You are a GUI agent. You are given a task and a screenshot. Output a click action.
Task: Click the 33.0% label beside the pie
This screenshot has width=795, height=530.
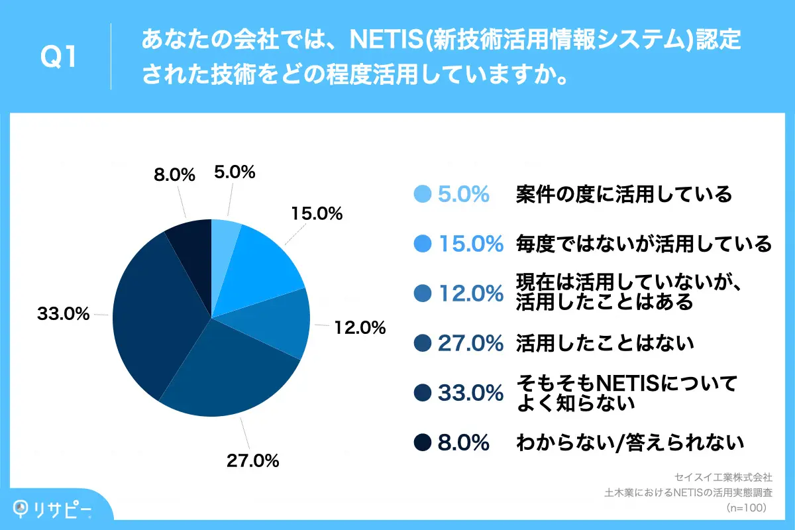63,315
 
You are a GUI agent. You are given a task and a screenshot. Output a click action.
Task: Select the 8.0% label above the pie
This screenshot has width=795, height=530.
174,175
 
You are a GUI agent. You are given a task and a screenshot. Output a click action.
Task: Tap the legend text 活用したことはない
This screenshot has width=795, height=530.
604,343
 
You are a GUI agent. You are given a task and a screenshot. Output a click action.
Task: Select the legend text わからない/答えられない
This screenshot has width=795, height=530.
629,442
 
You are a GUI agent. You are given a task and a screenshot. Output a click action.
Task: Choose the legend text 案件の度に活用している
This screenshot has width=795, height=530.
623,194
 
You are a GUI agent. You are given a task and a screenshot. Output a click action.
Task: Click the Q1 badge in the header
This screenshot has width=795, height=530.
58,57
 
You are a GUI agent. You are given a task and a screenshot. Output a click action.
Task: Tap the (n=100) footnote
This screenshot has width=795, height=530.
746,508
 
